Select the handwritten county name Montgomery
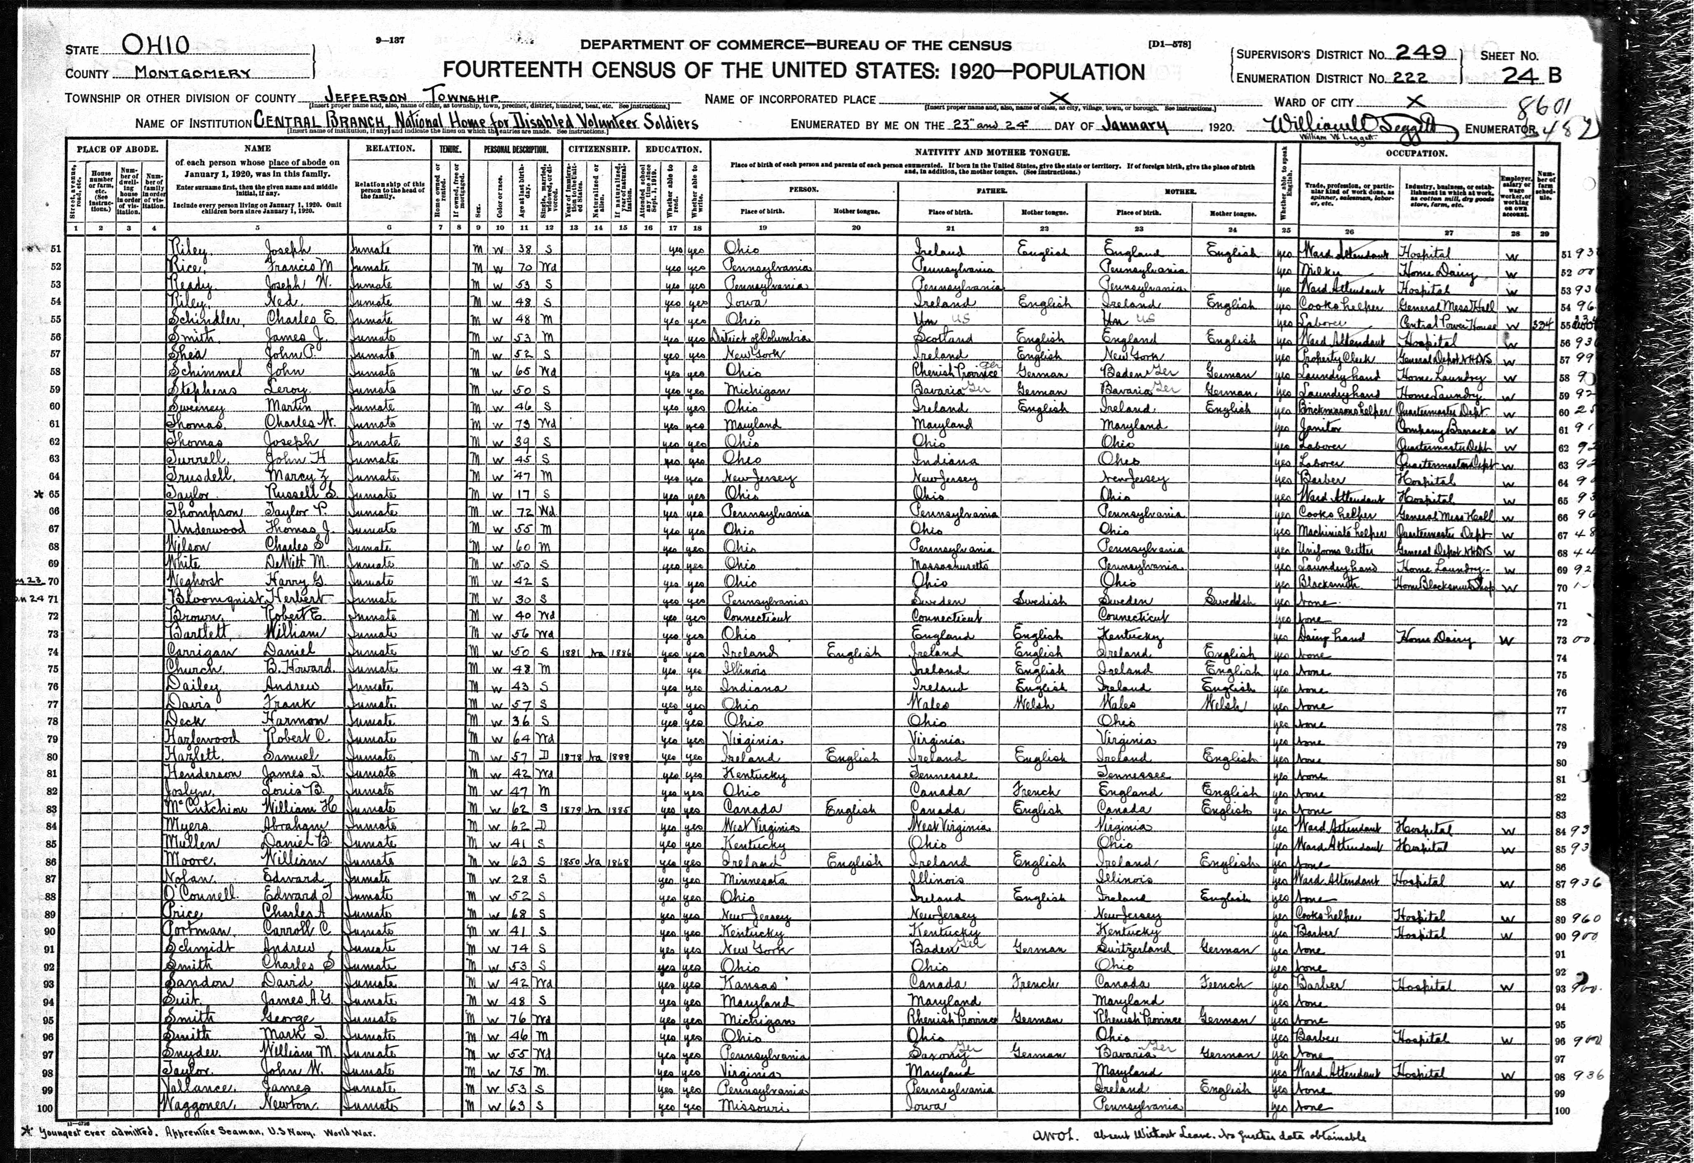(x=183, y=73)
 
